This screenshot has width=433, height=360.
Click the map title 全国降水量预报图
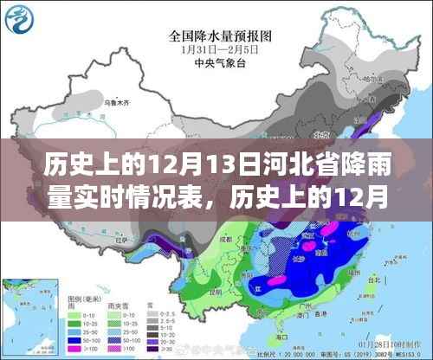pyautogui.click(x=216, y=36)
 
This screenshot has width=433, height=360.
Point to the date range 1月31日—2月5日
pyautogui.click(x=216, y=49)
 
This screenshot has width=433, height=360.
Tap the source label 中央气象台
pyautogui.click(x=216, y=62)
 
